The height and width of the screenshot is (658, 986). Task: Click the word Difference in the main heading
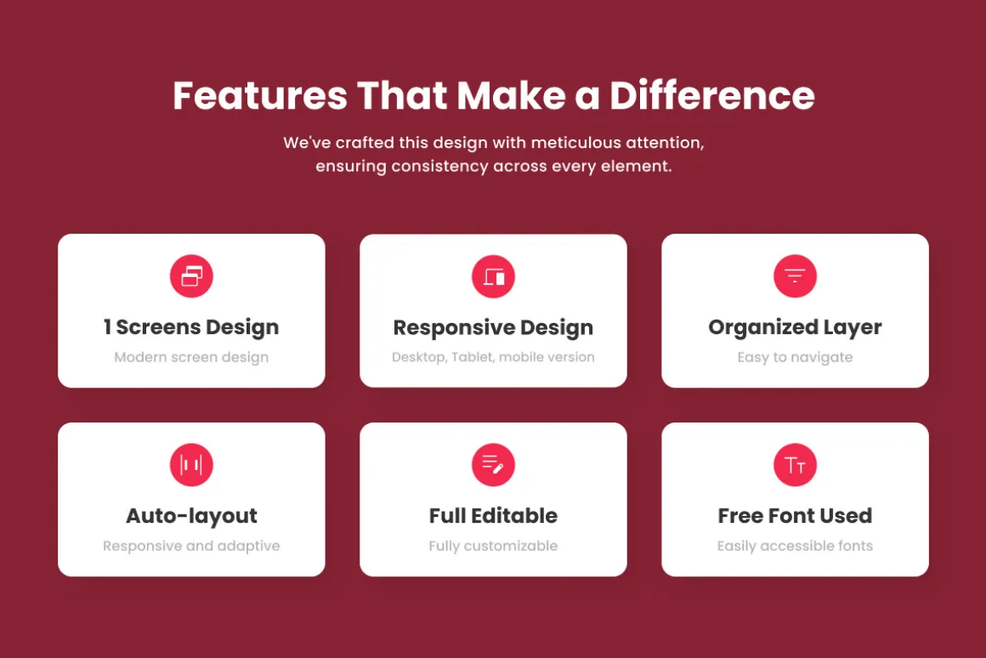coord(711,95)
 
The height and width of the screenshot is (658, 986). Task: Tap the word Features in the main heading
coord(260,95)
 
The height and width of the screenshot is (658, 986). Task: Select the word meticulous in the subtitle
coord(576,143)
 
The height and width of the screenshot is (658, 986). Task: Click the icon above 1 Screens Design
coord(191,276)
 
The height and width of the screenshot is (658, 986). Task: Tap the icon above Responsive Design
coord(493,276)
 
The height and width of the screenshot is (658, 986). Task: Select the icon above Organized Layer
coord(795,276)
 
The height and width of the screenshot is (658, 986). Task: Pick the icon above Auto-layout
coord(191,465)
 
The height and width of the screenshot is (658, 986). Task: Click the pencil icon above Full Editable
coord(493,465)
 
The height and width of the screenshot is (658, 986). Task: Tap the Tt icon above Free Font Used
coord(795,465)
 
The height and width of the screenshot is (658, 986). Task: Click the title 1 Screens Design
coord(191,328)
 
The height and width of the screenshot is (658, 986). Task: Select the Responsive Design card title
coord(493,328)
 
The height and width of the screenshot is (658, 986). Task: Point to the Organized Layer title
coord(795,328)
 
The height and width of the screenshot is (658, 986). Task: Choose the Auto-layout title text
coord(191,517)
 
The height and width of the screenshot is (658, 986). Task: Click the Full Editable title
coord(493,516)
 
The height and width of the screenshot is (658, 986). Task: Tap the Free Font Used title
coord(795,516)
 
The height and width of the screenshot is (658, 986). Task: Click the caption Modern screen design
coord(191,357)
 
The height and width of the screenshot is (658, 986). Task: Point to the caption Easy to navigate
coord(795,357)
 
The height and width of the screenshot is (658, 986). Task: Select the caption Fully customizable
coord(493,546)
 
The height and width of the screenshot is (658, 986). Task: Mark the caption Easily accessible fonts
coord(795,546)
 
